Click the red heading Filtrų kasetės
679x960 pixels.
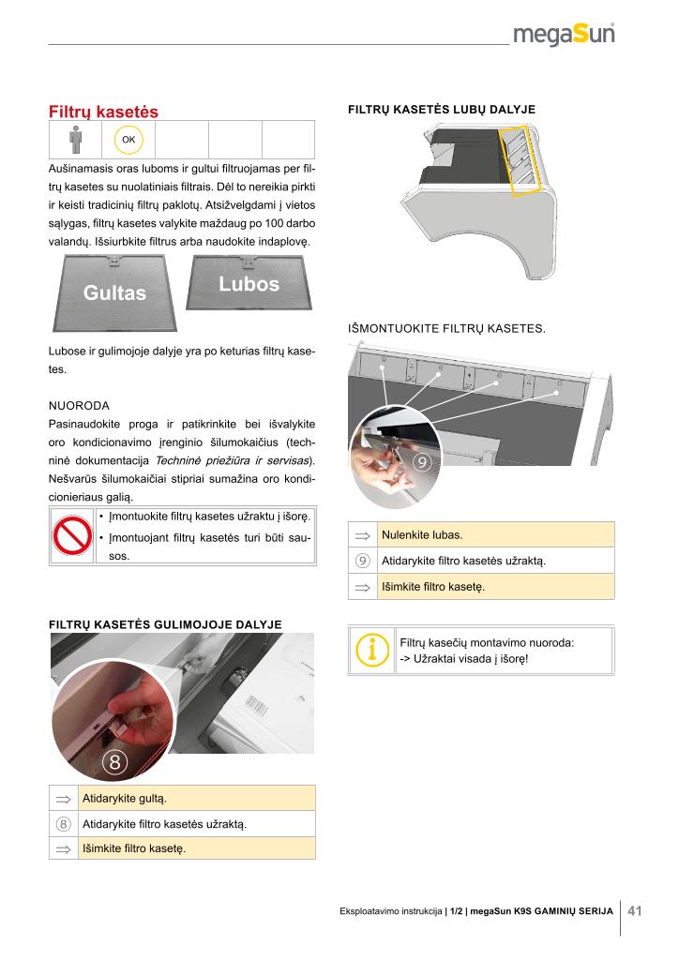pos(103,112)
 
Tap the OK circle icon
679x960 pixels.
pos(128,140)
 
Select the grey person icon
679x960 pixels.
pos(75,140)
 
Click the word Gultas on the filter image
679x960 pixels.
pos(115,292)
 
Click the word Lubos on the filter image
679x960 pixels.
pos(249,284)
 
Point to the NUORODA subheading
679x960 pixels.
pos(79,406)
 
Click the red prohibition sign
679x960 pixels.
pos(70,535)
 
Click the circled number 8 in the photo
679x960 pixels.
pos(114,761)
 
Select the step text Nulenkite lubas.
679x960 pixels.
pos(422,535)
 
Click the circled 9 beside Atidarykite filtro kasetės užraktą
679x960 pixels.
pos(362,562)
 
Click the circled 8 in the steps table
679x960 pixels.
pos(64,824)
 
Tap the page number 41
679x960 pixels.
pos(635,910)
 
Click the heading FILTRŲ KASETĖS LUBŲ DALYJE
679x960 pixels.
pos(442,110)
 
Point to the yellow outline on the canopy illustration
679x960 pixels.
pos(521,159)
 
